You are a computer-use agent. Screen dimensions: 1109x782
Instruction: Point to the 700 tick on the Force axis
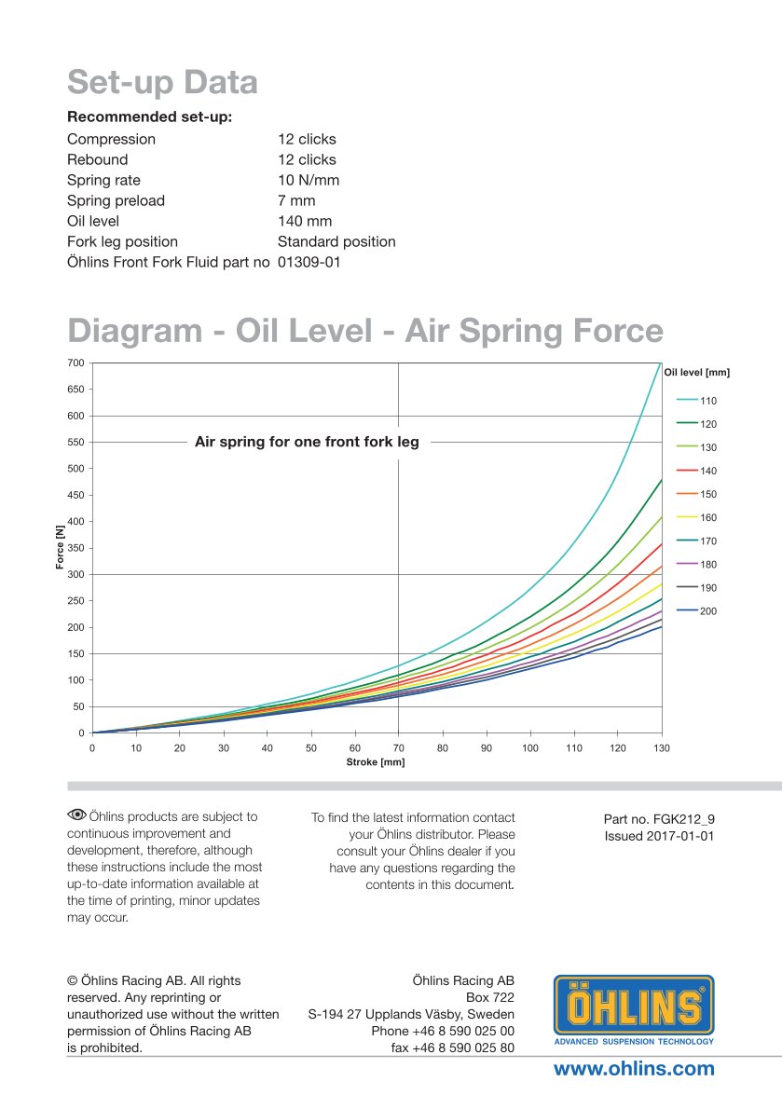click(75, 363)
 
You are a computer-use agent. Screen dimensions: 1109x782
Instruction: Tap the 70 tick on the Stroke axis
click(398, 748)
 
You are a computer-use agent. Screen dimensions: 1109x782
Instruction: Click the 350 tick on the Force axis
click(75, 548)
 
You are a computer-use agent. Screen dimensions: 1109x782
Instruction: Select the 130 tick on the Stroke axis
click(661, 748)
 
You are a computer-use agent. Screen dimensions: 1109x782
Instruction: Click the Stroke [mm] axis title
click(376, 762)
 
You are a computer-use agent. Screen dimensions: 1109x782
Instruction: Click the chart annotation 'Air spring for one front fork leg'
click(307, 443)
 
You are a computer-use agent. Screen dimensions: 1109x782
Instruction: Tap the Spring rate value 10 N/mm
click(309, 180)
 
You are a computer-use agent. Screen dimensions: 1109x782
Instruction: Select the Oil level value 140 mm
click(305, 221)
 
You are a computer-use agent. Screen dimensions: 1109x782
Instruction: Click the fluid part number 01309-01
click(309, 262)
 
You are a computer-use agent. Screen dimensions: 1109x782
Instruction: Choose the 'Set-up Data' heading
click(162, 83)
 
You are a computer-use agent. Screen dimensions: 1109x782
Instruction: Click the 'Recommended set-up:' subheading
click(149, 117)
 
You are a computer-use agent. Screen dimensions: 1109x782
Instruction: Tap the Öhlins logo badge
click(634, 1010)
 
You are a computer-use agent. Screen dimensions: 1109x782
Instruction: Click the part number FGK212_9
click(659, 819)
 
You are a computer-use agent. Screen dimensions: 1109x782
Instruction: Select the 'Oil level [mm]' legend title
click(696, 372)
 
